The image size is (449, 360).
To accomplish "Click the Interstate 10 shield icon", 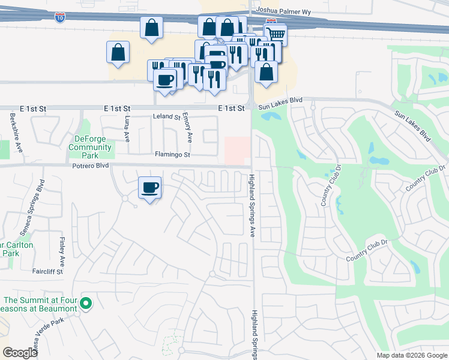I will tap(59, 18).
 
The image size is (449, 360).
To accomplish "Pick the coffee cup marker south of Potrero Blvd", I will tap(150, 188).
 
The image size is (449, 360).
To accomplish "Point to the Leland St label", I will tap(166, 116).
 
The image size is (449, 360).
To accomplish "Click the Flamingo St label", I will tap(172, 155).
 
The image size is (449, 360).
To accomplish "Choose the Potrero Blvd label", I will tap(90, 165).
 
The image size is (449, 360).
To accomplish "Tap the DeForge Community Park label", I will tap(90, 146).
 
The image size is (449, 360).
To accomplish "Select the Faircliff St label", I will tap(48, 271).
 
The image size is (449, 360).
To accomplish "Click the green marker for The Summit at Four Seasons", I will tap(86, 304).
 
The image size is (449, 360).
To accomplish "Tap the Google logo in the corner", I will tap(20, 353).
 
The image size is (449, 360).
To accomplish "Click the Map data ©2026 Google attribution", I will tap(411, 355).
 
